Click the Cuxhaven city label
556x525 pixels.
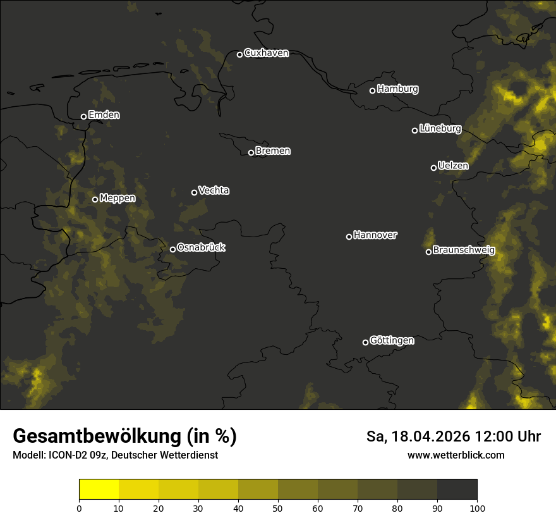pos(266,53)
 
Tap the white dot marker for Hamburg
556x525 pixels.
pos(372,90)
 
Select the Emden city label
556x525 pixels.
pos(104,115)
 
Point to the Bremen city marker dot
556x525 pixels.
pos(251,152)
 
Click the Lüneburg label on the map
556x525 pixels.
pos(440,129)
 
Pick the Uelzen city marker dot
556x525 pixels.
pos(433,168)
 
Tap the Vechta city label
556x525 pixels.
pos(214,190)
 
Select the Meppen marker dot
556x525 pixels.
pos(95,199)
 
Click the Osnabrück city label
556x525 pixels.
pos(201,247)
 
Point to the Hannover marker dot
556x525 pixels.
pos(349,237)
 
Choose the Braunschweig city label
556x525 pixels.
pos(464,250)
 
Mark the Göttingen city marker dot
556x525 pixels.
pos(365,342)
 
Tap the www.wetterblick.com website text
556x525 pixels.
pos(456,455)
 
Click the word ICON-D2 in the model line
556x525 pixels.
pos(69,455)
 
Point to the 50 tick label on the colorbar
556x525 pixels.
pos(278,508)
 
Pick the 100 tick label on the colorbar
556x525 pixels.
pos(477,508)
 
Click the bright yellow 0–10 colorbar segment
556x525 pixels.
pos(99,490)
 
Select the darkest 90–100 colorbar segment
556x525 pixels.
pos(457,490)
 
